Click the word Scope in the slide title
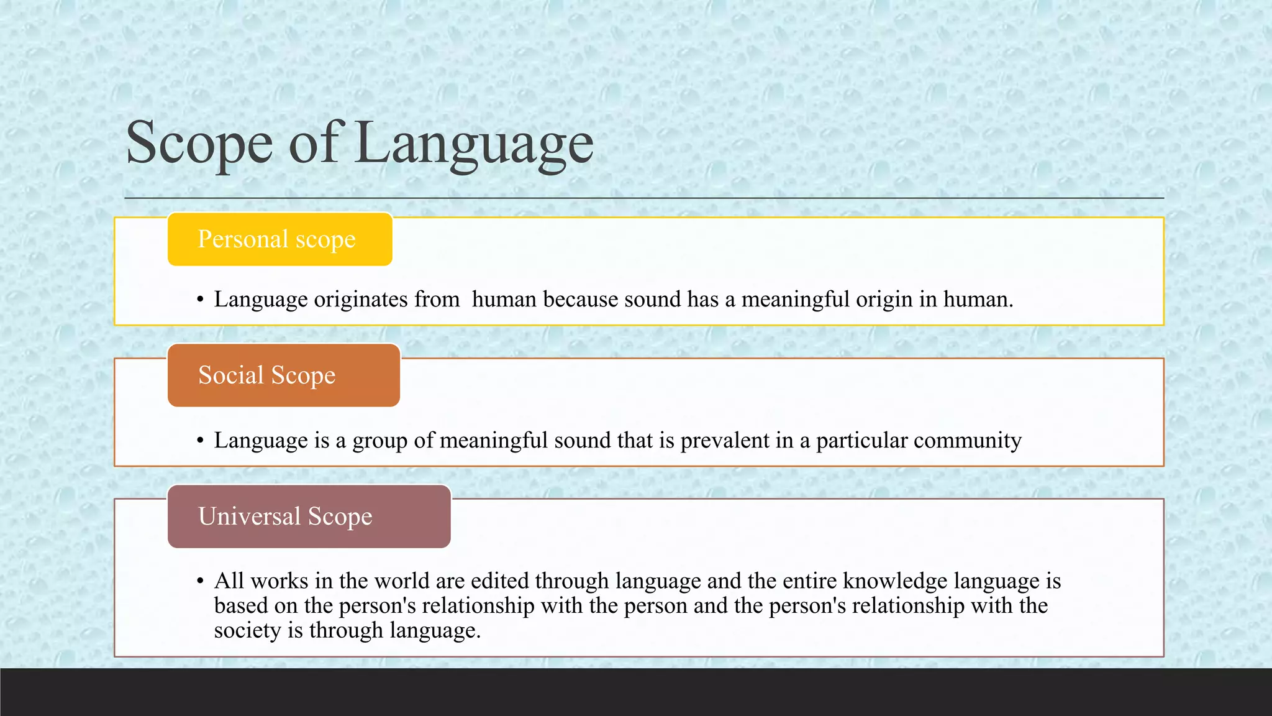coord(199,144)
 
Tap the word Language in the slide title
coord(475,144)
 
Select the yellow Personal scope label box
coord(279,239)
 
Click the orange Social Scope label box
coord(283,375)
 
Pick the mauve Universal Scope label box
coord(309,516)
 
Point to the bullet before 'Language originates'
coord(200,300)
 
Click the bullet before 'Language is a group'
coord(200,441)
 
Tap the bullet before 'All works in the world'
coord(200,582)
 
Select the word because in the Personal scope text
coord(581,300)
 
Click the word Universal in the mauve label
coord(249,516)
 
